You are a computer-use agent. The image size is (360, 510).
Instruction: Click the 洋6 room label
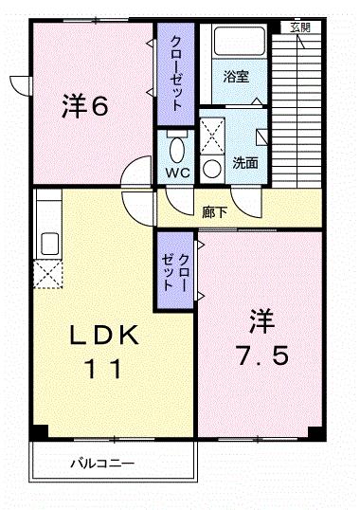click(86, 106)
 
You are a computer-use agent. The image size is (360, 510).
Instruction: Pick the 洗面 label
click(246, 162)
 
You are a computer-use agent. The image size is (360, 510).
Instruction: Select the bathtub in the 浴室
click(239, 43)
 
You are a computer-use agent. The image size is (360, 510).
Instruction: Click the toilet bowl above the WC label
click(175, 149)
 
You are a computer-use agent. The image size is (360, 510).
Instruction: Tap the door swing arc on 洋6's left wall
click(19, 85)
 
